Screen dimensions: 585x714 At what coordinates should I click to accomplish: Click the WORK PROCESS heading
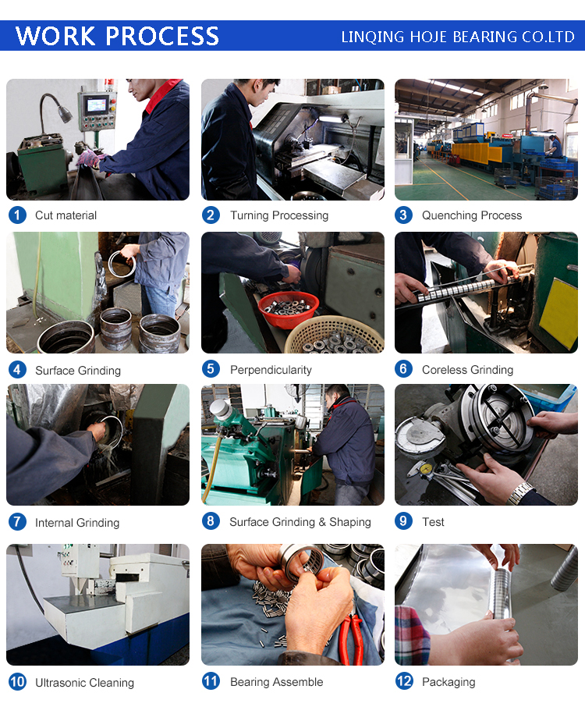pos(117,36)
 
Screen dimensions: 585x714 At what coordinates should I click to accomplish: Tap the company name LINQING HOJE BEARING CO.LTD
pos(458,37)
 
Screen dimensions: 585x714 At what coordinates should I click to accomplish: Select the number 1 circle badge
pos(17,215)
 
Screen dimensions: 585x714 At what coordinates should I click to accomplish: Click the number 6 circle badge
pos(403,369)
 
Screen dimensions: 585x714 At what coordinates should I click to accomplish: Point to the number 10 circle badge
pos(17,682)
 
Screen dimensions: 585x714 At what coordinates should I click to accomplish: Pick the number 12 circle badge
pos(403,682)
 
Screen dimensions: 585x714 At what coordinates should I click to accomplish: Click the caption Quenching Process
pos(472,215)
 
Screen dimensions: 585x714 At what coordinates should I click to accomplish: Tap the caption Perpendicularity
pos(271,370)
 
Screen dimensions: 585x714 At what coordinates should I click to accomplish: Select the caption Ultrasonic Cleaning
pos(85,683)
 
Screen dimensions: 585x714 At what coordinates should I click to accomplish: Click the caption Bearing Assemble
pos(276,682)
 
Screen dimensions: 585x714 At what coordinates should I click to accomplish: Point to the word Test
pos(433,522)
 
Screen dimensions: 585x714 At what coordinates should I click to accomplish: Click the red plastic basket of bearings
pos(288,309)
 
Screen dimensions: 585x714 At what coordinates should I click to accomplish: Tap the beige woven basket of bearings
pos(334,336)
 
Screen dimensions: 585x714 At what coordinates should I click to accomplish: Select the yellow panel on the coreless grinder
pos(558,313)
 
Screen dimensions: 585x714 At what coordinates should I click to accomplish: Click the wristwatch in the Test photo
pos(520,494)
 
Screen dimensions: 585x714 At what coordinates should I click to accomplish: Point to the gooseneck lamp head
pos(65,114)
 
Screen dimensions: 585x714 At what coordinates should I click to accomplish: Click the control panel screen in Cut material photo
pos(97,105)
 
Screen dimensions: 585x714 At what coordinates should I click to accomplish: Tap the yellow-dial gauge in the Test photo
pos(425,468)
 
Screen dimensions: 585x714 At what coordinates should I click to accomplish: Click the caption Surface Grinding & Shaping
pos(300,522)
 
